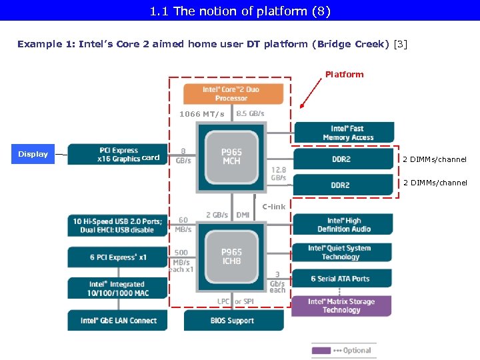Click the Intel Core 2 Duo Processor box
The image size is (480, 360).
pyautogui.click(x=231, y=94)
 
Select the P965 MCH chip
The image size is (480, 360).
pyautogui.click(x=231, y=157)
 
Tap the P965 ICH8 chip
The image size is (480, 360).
pyautogui.click(x=231, y=257)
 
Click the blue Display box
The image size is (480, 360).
pyautogui.click(x=33, y=154)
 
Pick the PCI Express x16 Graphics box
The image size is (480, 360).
pyautogui.click(x=117, y=154)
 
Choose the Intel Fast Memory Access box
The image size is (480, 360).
pyautogui.click(x=343, y=133)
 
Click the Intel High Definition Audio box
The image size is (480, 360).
pyautogui.click(x=343, y=225)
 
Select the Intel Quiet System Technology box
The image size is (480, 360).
pyautogui.click(x=340, y=252)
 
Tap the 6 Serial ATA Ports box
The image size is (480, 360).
pyautogui.click(x=340, y=279)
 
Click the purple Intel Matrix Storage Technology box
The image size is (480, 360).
pyautogui.click(x=341, y=306)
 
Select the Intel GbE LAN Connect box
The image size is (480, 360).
pyautogui.click(x=117, y=321)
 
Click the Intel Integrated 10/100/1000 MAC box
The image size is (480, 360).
pyautogui.click(x=117, y=289)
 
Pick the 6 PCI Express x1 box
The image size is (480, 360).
pyautogui.click(x=117, y=257)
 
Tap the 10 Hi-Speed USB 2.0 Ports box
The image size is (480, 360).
pyautogui.click(x=117, y=225)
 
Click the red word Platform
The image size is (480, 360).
pyautogui.click(x=344, y=74)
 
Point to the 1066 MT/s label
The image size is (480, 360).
pyautogui.click(x=201, y=114)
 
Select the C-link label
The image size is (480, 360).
pyautogui.click(x=273, y=207)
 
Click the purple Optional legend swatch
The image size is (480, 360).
pyautogui.click(x=321, y=350)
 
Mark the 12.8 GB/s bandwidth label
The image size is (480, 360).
pyautogui.click(x=279, y=173)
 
